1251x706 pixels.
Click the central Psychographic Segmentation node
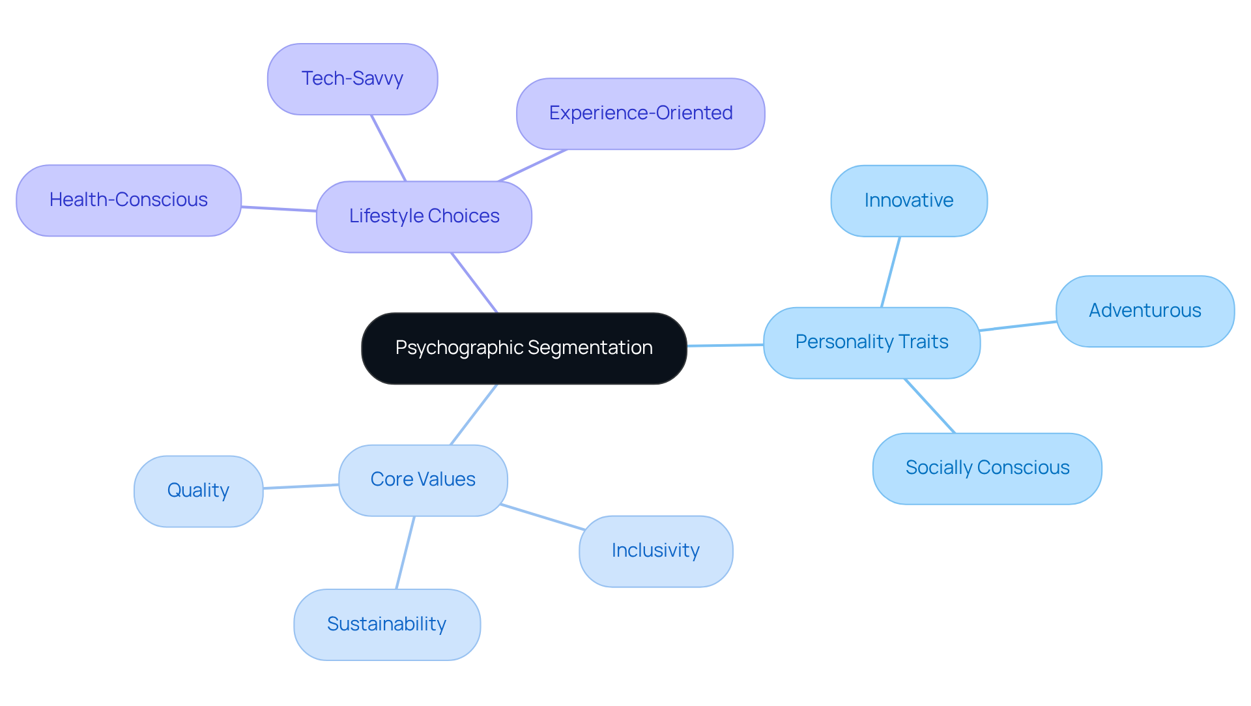click(524, 348)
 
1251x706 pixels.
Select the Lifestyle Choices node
click(424, 216)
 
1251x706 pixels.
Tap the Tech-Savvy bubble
click(352, 79)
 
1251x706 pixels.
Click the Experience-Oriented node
click(640, 113)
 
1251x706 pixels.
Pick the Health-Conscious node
click(128, 200)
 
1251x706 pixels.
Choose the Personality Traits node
click(871, 342)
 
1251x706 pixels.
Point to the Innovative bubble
click(908, 201)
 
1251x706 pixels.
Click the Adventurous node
click(1144, 311)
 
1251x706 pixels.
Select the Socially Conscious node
click(986, 468)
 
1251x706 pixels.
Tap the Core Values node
click(422, 480)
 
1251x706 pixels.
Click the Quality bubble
click(198, 491)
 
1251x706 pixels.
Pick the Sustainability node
click(386, 625)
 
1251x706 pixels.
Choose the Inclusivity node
click(655, 551)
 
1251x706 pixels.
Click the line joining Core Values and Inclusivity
click(542, 517)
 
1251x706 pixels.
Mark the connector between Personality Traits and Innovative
click(891, 272)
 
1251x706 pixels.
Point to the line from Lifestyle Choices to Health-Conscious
click(279, 209)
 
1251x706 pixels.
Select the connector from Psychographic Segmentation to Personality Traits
click(725, 346)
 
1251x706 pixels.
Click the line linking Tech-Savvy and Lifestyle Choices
click(388, 148)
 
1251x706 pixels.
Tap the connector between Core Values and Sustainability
click(405, 553)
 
